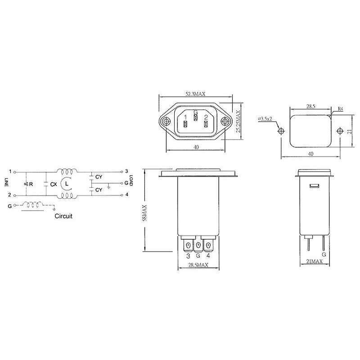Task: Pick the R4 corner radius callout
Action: pyautogui.click(x=341, y=108)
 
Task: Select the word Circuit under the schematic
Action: pyautogui.click(x=63, y=216)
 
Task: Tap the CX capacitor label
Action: pyautogui.click(x=53, y=184)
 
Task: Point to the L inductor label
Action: pyautogui.click(x=67, y=184)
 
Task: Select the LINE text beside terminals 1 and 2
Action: pyautogui.click(x=6, y=182)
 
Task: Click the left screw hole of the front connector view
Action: pyautogui.click(x=166, y=121)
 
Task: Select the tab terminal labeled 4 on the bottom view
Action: pyautogui.click(x=207, y=246)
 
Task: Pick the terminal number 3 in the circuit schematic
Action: pyautogui.click(x=127, y=171)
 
